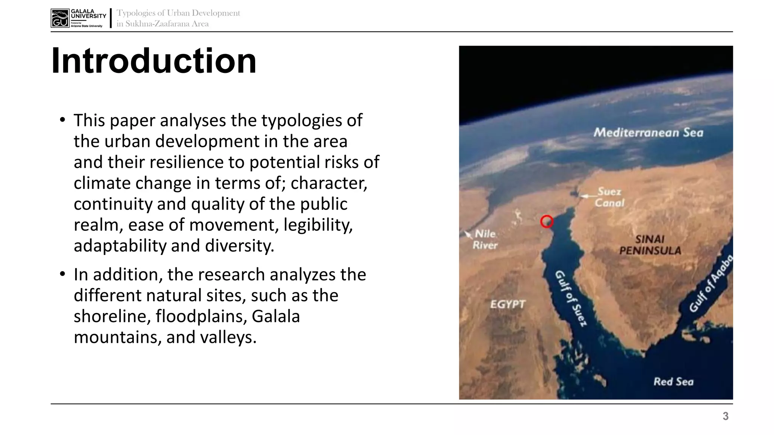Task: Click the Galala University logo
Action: click(x=78, y=18)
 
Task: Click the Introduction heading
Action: click(x=153, y=61)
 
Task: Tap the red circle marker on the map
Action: click(x=546, y=222)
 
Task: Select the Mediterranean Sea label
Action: click(x=648, y=133)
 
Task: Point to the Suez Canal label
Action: click(x=609, y=197)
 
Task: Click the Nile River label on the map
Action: click(x=485, y=239)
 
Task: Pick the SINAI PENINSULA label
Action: click(x=650, y=245)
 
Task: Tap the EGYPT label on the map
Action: click(x=508, y=304)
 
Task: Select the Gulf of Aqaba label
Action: click(x=711, y=283)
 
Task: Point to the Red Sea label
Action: click(x=673, y=382)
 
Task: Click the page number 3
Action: click(x=725, y=416)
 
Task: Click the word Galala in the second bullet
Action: click(x=276, y=316)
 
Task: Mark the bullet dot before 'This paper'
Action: click(x=63, y=120)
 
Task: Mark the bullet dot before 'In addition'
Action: click(x=63, y=275)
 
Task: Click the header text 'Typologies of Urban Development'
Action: click(x=178, y=13)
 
